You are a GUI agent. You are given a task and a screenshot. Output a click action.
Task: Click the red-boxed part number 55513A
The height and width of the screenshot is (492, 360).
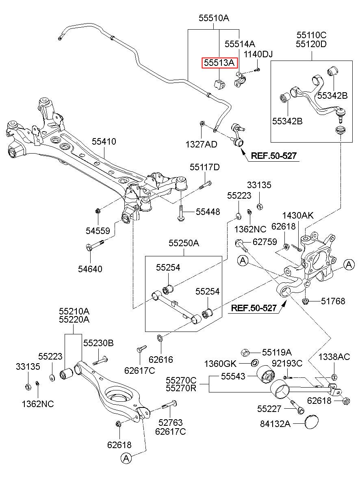pos(219,63)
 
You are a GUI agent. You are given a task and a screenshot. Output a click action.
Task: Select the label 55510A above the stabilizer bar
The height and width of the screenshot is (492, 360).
pos(214,18)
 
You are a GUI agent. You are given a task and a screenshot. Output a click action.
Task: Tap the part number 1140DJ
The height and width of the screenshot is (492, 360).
pos(258,54)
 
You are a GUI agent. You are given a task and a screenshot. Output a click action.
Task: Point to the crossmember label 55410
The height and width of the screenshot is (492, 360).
pos(104,141)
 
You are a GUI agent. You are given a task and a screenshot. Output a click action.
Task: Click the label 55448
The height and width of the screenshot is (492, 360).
pos(208,212)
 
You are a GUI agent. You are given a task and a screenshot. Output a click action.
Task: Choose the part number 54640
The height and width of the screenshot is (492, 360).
pos(90,269)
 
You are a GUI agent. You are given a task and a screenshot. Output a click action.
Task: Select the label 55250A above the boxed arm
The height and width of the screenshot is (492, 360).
pos(184,243)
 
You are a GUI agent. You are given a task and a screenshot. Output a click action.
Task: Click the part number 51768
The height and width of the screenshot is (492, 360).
pos(333,301)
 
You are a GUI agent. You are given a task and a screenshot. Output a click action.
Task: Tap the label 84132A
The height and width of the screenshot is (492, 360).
pos(275,424)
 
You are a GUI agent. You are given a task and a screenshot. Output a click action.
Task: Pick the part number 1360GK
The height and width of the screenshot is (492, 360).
pos(220,364)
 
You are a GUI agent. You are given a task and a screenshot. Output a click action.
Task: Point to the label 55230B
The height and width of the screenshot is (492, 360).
pos(98,343)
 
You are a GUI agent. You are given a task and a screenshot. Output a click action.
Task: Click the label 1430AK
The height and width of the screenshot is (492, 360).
pos(298,215)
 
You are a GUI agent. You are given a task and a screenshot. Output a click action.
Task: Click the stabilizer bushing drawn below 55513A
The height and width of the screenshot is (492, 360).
pos(219,84)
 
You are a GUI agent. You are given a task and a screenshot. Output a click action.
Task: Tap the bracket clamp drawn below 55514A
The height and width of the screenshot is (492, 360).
pos(240,79)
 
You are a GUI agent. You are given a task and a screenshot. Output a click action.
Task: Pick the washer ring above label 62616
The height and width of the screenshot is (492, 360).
pos(160,338)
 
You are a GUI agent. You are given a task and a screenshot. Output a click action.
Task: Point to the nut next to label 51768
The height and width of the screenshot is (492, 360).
pos(305,301)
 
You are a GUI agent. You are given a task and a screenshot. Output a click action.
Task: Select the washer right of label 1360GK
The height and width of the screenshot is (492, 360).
pos(255,363)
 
